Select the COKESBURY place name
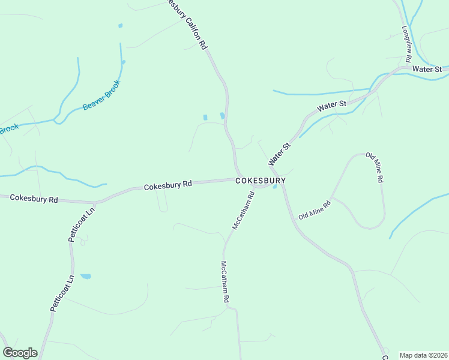pos(260,180)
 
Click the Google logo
pos(20,353)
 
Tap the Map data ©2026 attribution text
pos(423,355)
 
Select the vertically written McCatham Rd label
pos(224,281)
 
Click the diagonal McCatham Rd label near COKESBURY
pos(244,211)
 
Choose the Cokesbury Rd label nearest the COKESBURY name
pos(167,186)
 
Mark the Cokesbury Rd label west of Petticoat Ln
pos(34,198)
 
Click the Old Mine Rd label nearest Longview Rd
pos(374,167)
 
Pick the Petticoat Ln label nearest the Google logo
pos(62,293)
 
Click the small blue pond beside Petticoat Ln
pos(86,277)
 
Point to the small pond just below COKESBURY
pos(275,187)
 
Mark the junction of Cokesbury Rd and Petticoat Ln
pos(95,202)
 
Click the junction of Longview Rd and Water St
pos(409,67)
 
